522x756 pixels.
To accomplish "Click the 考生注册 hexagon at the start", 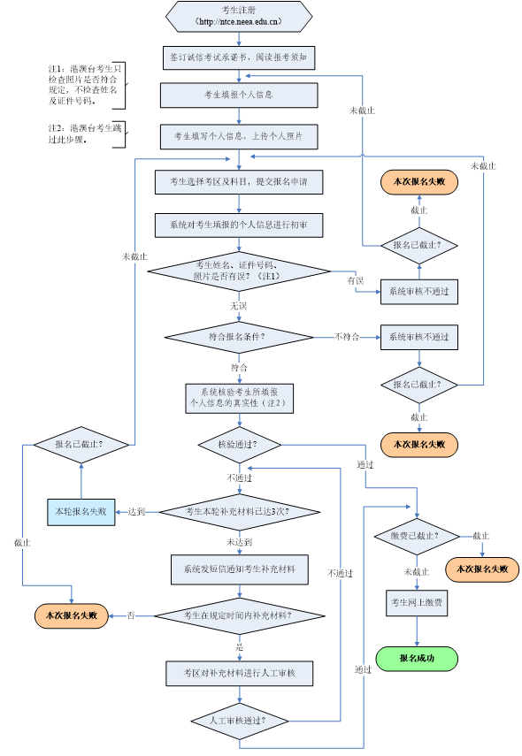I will tap(239, 16).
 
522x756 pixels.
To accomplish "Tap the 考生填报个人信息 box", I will tap(239, 95).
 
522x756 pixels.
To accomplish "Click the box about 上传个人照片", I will tap(239, 136).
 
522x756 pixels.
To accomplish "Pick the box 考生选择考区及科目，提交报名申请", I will tap(239, 182).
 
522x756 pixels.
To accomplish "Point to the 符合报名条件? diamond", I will tap(238, 337).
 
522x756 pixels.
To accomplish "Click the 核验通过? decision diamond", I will tap(239, 445).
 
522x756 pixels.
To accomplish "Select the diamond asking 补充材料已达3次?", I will tap(239, 512).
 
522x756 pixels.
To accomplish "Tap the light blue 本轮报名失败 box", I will tap(81, 511).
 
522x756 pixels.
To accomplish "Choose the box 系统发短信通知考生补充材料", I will tap(239, 569).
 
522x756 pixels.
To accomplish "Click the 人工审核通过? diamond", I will tap(239, 721).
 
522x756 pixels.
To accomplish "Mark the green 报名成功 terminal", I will tap(417, 659).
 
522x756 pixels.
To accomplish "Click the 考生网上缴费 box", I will tap(417, 603).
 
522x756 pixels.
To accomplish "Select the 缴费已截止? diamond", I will tap(417, 537).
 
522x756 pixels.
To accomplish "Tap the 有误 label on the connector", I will tap(356, 280).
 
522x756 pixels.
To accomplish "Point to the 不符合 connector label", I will tap(347, 337).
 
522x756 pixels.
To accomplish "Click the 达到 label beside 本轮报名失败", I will tap(136, 511).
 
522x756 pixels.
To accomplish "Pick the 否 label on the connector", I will tap(131, 615).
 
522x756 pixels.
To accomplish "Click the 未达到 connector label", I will tap(239, 542).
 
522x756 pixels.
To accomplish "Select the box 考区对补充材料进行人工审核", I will tap(239, 674).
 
